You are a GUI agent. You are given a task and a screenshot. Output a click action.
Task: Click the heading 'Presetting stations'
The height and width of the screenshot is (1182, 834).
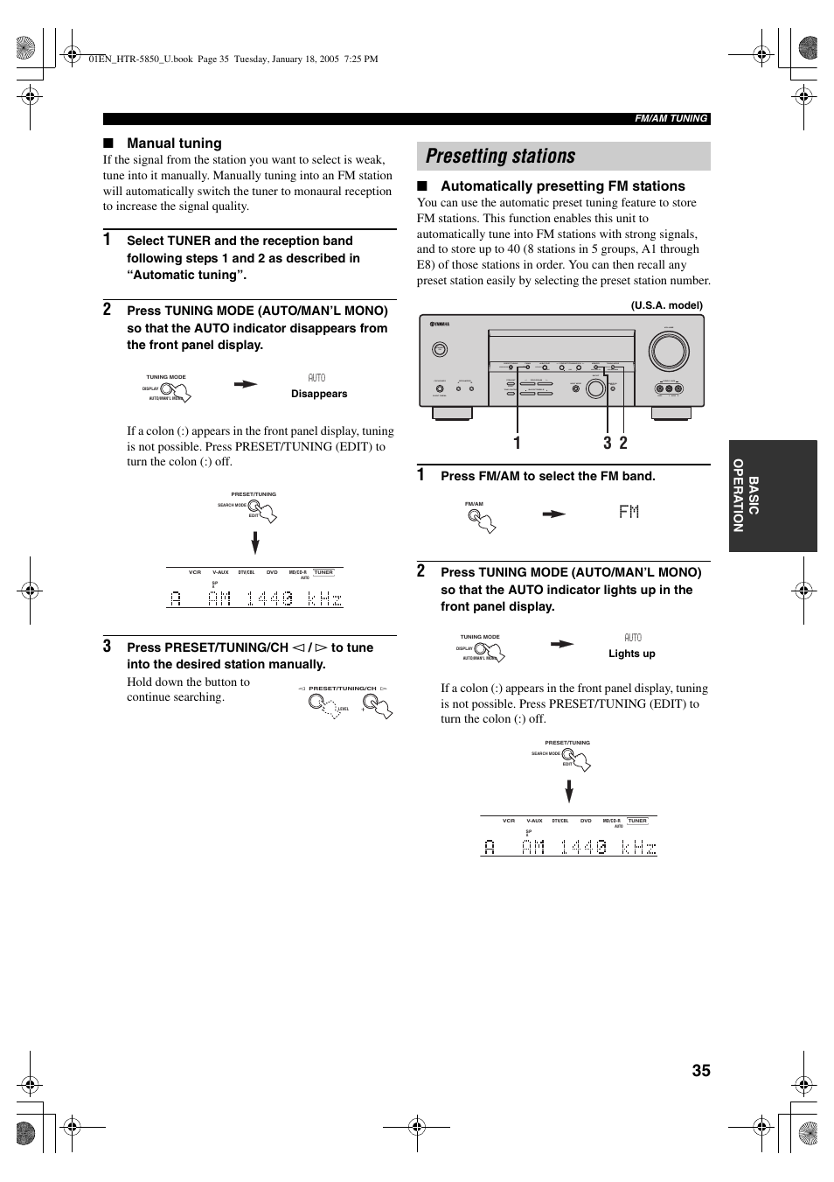point(501,157)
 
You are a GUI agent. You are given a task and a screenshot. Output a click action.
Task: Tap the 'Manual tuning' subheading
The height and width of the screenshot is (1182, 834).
point(174,143)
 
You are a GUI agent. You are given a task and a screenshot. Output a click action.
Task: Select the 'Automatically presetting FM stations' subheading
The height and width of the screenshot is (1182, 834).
point(562,186)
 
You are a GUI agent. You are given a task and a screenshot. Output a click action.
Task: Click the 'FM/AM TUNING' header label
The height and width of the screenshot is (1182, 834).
point(671,119)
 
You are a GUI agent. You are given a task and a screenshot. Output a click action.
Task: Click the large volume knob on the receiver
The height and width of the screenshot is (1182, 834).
point(669,351)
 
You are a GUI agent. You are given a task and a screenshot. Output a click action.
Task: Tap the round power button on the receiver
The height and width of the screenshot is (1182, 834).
point(440,349)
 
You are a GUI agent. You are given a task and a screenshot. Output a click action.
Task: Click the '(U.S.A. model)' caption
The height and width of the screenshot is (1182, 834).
point(666,305)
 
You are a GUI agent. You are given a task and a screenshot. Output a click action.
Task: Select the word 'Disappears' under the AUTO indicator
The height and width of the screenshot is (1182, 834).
point(319,394)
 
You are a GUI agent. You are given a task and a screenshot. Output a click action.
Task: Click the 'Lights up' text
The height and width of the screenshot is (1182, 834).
point(631,654)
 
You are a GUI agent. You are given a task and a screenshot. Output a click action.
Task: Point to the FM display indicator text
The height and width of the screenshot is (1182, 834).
point(629,512)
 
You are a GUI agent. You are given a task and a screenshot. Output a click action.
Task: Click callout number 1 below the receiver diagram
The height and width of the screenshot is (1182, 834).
point(518,444)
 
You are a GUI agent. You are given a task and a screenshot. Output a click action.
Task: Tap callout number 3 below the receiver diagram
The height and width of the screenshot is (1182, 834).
point(608,444)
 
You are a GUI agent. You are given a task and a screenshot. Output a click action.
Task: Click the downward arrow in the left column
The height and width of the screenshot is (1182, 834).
point(255,543)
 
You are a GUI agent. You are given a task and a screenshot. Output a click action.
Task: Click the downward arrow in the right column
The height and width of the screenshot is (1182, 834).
point(569,792)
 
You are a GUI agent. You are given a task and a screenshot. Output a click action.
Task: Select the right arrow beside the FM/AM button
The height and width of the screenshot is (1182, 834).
point(553,514)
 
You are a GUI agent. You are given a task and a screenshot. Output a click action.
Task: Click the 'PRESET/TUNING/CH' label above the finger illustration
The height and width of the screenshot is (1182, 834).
point(342,689)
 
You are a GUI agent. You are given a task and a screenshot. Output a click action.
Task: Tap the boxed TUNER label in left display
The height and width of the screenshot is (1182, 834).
point(323,572)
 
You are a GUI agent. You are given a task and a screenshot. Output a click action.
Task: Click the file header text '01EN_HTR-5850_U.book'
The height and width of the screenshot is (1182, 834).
point(141,59)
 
